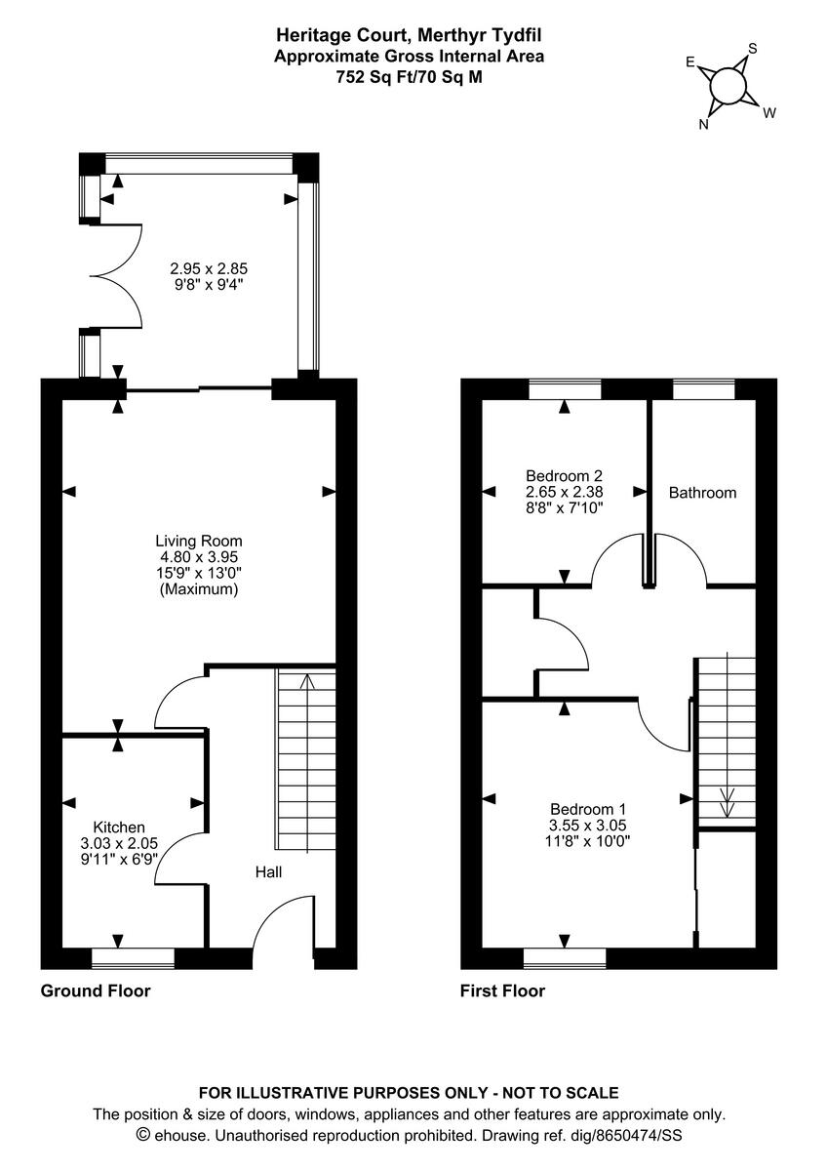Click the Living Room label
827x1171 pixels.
point(199,541)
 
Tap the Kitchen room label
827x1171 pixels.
point(119,826)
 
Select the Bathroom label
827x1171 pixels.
point(702,493)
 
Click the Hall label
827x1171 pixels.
point(269,871)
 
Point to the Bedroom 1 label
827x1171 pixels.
point(587,808)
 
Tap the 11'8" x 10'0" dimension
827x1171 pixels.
point(587,841)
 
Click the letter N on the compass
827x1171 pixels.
point(702,124)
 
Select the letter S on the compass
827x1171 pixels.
point(752,48)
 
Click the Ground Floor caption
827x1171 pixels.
point(96,991)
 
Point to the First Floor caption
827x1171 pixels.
point(502,991)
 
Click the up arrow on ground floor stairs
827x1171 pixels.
point(307,683)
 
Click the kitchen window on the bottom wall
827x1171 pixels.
point(133,958)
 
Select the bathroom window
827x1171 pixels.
point(703,389)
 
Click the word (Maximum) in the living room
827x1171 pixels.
point(199,590)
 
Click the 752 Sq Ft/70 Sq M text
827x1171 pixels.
point(409,74)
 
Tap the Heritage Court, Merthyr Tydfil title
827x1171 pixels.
point(409,37)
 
